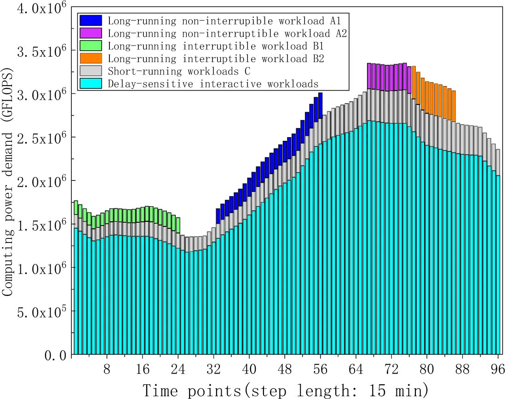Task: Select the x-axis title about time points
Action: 285,389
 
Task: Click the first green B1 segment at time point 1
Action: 76,208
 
